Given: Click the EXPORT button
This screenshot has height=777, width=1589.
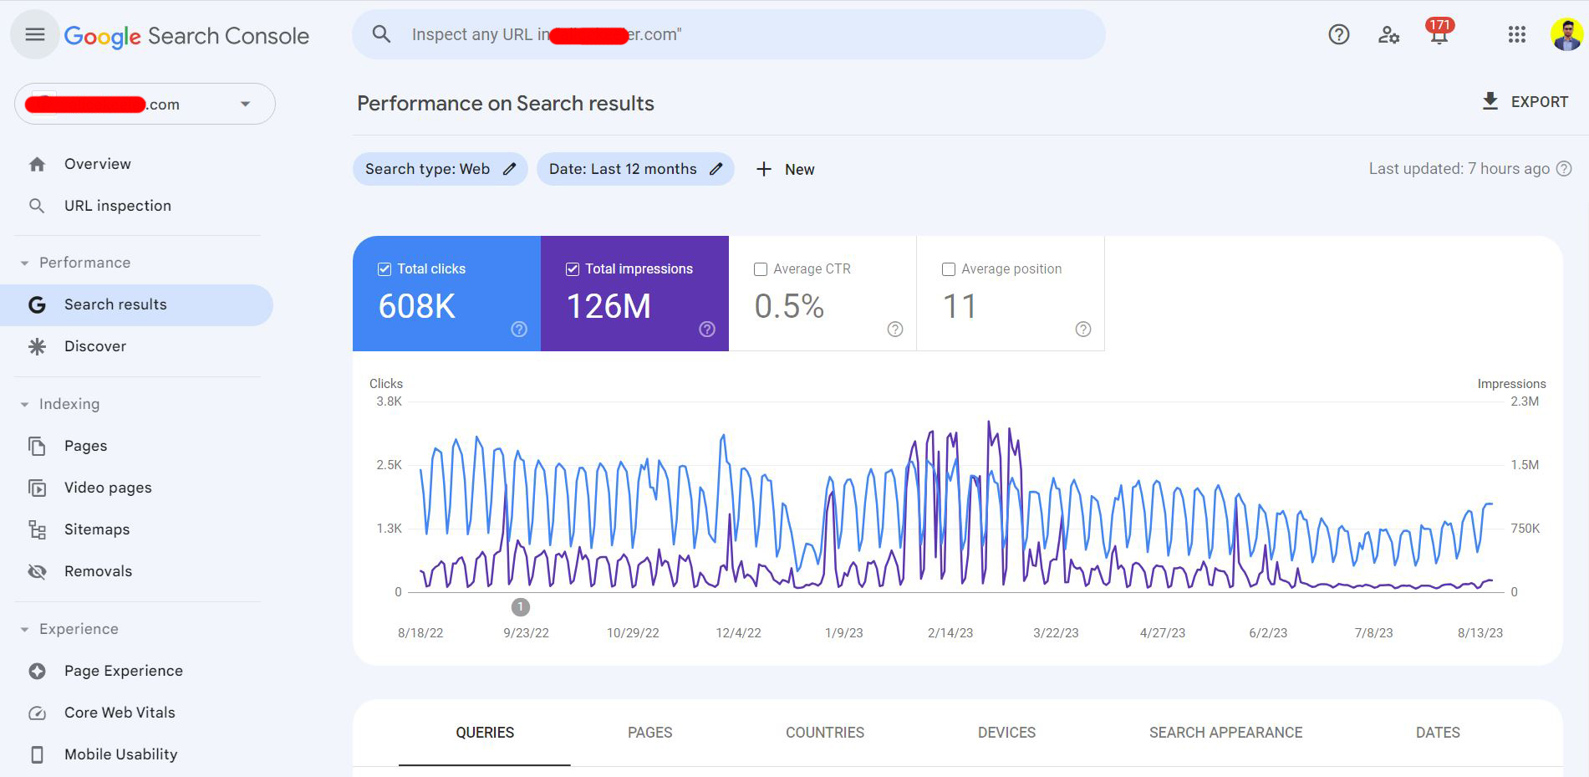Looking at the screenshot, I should point(1525,102).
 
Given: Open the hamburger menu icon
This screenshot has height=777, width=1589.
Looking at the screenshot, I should point(34,34).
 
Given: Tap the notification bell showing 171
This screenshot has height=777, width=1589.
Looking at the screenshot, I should point(1439,33).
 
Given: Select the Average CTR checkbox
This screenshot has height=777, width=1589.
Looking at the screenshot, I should point(761,269).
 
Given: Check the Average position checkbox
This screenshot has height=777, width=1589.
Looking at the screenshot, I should point(949,269).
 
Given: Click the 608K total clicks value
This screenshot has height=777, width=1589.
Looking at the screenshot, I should point(417,306).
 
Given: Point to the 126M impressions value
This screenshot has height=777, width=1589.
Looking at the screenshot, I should point(609,306).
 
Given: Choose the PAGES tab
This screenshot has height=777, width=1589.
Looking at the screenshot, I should point(649,733).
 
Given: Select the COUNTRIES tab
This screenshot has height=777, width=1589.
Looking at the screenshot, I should point(824,733).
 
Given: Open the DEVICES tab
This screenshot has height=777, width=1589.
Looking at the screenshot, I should point(1006,733).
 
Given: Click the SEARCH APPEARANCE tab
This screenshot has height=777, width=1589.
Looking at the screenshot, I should point(1225,733).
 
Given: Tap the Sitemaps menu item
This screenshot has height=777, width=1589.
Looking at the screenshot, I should point(97,529).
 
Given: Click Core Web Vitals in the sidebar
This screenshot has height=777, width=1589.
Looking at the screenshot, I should point(120,713).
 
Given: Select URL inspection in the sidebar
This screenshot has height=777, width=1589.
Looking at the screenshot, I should point(118,206).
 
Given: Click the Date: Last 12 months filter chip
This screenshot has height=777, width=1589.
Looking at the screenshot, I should point(634,169).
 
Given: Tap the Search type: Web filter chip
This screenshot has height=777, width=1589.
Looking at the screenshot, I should point(440,169).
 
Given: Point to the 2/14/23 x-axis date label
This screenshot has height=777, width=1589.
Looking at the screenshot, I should point(950,633).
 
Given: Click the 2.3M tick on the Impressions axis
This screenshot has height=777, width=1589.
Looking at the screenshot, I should point(1525,401).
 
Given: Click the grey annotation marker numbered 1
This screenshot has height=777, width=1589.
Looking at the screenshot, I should point(520,606).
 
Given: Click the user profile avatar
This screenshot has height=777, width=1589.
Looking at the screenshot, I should point(1566,34).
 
